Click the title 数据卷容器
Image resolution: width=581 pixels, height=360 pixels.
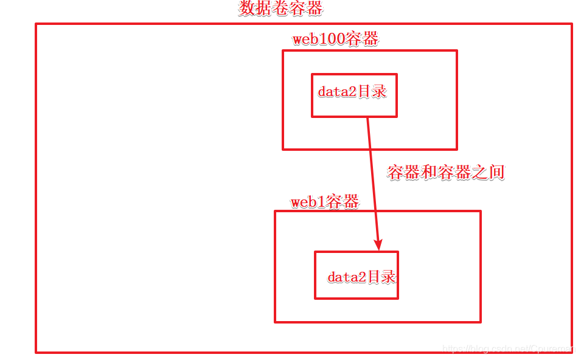tap(280, 9)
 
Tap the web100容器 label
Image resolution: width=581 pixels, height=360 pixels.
tap(335, 40)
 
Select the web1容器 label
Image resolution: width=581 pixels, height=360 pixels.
tap(324, 202)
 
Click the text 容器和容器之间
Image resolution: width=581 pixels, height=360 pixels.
tap(446, 173)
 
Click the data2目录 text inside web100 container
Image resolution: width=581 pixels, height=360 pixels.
tap(352, 92)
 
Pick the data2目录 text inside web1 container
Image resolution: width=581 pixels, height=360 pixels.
tap(361, 277)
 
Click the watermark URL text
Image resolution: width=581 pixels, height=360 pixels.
tap(508, 349)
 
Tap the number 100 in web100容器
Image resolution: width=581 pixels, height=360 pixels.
tap(332, 40)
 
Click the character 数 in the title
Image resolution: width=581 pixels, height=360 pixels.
tap(247, 9)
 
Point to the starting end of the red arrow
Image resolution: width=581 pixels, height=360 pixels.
tap(367, 119)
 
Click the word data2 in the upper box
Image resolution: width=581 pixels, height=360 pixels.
tap(337, 92)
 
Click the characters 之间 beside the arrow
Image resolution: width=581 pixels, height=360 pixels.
tap(488, 173)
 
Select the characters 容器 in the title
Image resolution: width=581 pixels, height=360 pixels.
tap(306, 9)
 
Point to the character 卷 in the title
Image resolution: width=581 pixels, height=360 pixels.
tap(280, 9)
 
